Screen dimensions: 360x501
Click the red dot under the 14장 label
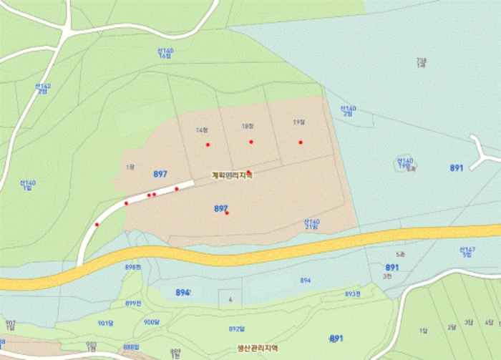[208, 145]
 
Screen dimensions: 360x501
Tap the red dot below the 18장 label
[251, 142]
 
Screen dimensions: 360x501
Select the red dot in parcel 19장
[301, 142]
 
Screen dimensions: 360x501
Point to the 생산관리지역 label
[257, 349]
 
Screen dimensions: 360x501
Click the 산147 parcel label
[467, 252]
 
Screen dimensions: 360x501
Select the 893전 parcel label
[352, 294]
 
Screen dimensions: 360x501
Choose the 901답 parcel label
[105, 323]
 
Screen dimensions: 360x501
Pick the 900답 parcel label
[152, 322]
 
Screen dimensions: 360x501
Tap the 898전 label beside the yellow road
[133, 267]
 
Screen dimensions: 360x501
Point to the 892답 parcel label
[237, 329]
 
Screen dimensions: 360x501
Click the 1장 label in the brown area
[130, 167]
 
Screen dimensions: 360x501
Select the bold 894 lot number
[183, 293]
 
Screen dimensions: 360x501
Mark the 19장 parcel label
[298, 122]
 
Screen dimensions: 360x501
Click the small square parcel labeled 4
[230, 300]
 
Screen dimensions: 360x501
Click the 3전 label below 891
[388, 276]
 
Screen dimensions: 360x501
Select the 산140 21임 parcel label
[311, 224]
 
